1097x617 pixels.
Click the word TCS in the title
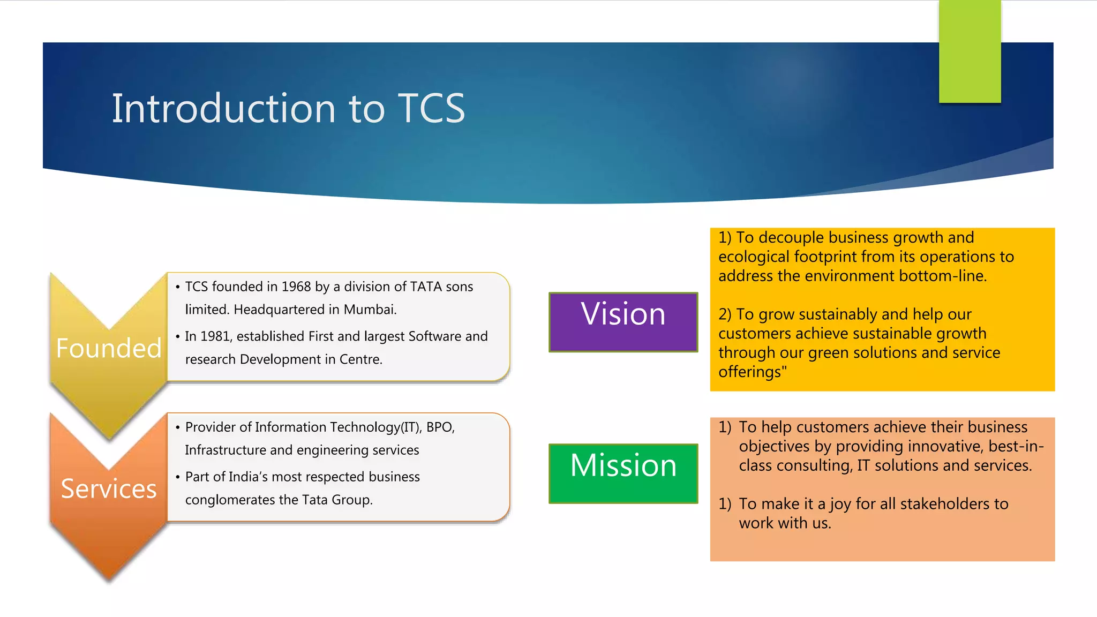tap(431, 109)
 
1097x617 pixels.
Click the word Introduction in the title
tap(223, 109)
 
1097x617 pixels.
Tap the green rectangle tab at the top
tap(970, 51)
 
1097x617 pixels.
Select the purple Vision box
tap(623, 322)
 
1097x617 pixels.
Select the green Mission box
tap(623, 473)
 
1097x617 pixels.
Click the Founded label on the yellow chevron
tap(109, 348)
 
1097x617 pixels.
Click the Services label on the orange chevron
tap(109, 488)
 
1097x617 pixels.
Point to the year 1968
tap(296, 287)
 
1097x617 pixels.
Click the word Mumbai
tap(370, 310)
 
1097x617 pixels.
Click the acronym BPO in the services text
tap(440, 427)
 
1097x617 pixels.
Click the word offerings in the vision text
tap(750, 372)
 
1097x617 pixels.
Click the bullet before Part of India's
tap(177, 477)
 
